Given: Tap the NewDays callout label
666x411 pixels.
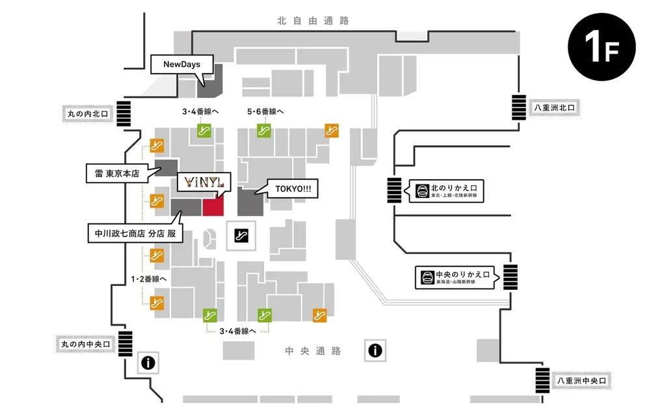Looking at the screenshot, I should coord(181,64).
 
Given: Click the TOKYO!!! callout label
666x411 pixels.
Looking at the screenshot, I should coord(293,189).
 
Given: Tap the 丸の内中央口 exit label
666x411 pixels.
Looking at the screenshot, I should coord(85,343).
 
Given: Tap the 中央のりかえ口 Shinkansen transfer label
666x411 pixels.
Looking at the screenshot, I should coord(457,277).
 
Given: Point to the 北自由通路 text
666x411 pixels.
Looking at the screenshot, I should coord(313,21).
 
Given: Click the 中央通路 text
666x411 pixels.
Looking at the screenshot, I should coord(313,351).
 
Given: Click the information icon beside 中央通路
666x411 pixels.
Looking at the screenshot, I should coord(374,351).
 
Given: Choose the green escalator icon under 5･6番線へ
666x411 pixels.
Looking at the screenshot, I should coord(264,130).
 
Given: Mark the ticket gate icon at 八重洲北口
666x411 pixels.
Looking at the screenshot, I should coord(518,107).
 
